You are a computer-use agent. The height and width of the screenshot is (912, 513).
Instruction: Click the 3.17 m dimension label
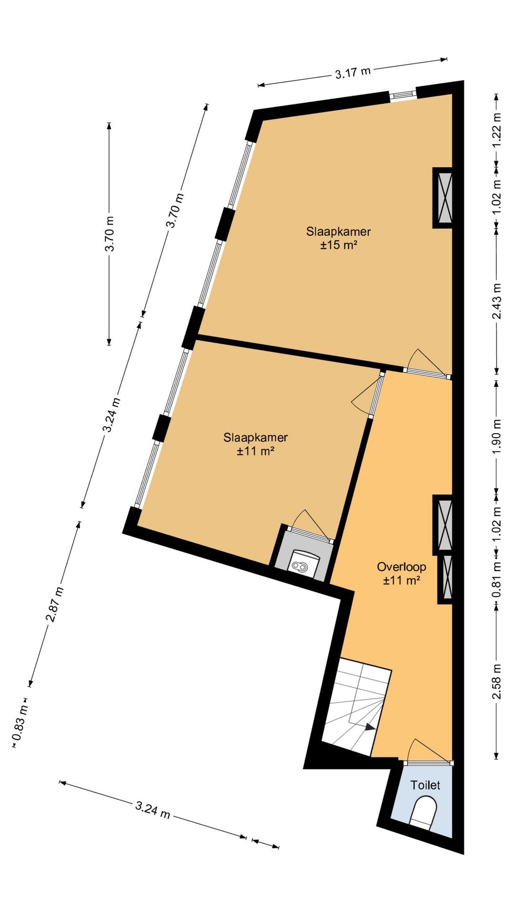[x=352, y=72]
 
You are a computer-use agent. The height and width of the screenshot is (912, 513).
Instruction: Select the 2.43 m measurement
[x=497, y=301]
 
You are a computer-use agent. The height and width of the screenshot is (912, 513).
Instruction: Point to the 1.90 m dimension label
[x=497, y=437]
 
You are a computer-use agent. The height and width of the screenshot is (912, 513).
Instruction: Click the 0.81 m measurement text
[x=497, y=580]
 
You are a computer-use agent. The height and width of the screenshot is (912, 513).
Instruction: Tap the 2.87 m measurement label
[x=55, y=604]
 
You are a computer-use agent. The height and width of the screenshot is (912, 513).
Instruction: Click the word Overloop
[x=401, y=567]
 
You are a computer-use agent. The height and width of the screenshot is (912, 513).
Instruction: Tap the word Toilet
[x=426, y=785]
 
